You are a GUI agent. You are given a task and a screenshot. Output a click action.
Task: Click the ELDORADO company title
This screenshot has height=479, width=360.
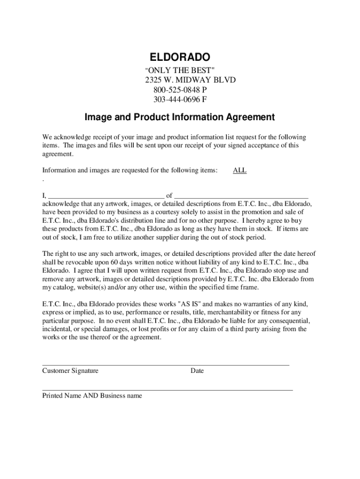[x=180, y=58]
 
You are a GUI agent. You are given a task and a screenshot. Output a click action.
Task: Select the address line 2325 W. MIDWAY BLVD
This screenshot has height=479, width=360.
[x=190, y=80]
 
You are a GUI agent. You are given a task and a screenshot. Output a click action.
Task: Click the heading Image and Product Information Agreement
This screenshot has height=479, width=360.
[x=180, y=117]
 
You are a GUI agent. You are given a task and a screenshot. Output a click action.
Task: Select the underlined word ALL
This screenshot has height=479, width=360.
[x=239, y=171]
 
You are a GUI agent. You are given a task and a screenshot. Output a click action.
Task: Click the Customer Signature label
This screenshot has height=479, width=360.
[x=70, y=371]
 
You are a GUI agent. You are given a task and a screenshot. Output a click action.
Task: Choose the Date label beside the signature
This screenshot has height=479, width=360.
[x=197, y=371]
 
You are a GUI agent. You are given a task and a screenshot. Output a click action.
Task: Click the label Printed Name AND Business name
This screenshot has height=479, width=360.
[x=92, y=396]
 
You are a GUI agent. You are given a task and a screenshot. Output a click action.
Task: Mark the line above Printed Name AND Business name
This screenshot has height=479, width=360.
[x=167, y=390]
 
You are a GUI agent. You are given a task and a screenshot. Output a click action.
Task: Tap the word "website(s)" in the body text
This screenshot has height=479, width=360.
[x=97, y=287]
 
